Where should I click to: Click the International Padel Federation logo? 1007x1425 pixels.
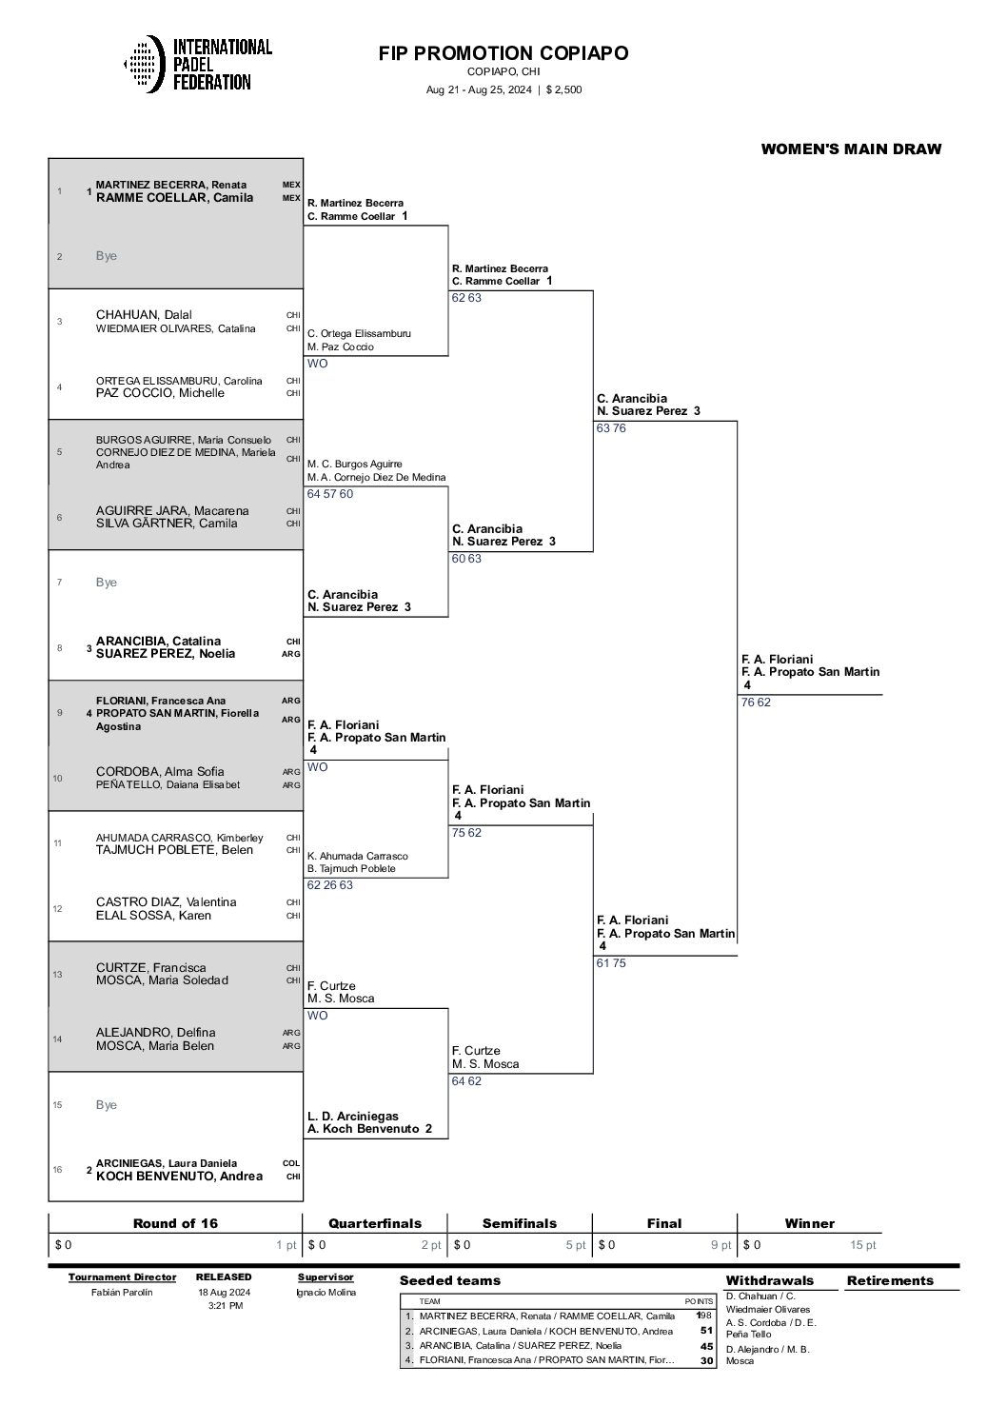[198, 64]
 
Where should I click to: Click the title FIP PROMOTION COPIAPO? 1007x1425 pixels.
[503, 53]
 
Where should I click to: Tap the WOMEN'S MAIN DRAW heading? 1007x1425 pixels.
[851, 148]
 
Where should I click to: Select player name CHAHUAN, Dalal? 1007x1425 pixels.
[144, 315]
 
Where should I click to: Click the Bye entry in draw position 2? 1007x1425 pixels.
[107, 256]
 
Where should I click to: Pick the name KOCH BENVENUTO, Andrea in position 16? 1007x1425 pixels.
[179, 1177]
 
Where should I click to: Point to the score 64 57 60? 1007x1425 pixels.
[329, 494]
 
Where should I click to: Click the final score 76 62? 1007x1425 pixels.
[757, 703]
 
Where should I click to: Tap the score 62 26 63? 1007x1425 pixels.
[329, 885]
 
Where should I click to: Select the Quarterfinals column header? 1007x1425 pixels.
[375, 1223]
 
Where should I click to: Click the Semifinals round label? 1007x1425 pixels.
[520, 1223]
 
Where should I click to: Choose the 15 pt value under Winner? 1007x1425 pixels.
[863, 1245]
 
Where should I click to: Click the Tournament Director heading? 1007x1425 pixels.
[122, 1277]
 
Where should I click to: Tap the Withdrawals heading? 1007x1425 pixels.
[769, 1280]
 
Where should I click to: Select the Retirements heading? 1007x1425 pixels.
[890, 1280]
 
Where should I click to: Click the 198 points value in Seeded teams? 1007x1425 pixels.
[703, 1316]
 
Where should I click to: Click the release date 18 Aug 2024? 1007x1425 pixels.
[224, 1293]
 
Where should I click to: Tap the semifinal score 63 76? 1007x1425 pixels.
[611, 428]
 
